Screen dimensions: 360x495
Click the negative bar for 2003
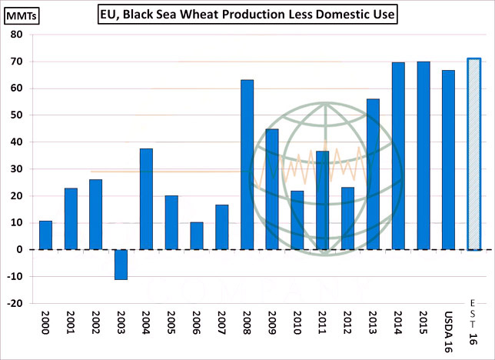121,264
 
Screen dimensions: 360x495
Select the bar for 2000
45,235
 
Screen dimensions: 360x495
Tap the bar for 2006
197,235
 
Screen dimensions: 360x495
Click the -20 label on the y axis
16,303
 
